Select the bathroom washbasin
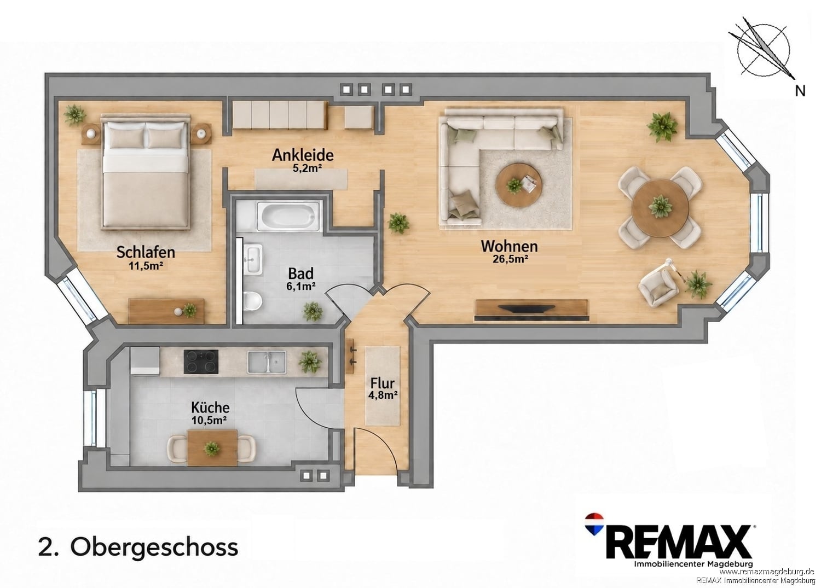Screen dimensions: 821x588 pyautogui.click(x=253, y=259)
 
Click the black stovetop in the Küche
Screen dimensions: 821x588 pyautogui.click(x=201, y=362)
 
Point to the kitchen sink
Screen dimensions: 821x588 pyautogui.click(x=267, y=362)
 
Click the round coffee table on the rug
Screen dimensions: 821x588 pyautogui.click(x=519, y=185)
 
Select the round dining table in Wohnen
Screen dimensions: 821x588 pyautogui.click(x=660, y=208)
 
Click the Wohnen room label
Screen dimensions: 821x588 pyautogui.click(x=509, y=246)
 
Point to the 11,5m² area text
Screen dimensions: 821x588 pyautogui.click(x=146, y=266)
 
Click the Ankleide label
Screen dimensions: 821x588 pyautogui.click(x=303, y=155)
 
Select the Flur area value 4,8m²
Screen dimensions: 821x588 pyautogui.click(x=383, y=395)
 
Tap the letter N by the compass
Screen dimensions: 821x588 pyautogui.click(x=800, y=91)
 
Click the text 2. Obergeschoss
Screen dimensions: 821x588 pyautogui.click(x=138, y=547)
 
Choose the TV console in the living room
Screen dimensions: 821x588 pyautogui.click(x=531, y=310)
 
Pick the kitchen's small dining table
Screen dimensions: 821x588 pyautogui.click(x=212, y=447)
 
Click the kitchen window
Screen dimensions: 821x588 pyautogui.click(x=90, y=418)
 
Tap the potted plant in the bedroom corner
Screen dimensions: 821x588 pyautogui.click(x=75, y=115)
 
